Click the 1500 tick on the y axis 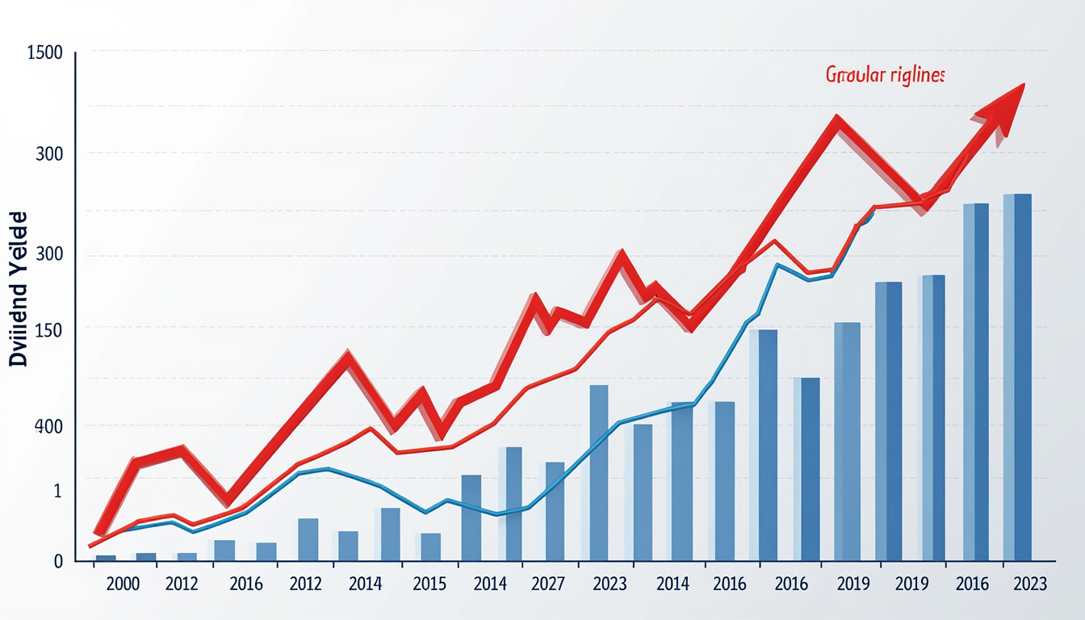click(44, 55)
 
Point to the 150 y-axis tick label click(49, 330)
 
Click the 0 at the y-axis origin click(58, 561)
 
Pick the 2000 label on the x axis click(123, 584)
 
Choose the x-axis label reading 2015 click(429, 584)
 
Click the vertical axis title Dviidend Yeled click(19, 290)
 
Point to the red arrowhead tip click(1024, 84)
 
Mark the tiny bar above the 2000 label click(106, 557)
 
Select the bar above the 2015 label click(430, 547)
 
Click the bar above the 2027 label click(555, 511)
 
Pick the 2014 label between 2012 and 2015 click(365, 584)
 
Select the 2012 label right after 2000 click(182, 584)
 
